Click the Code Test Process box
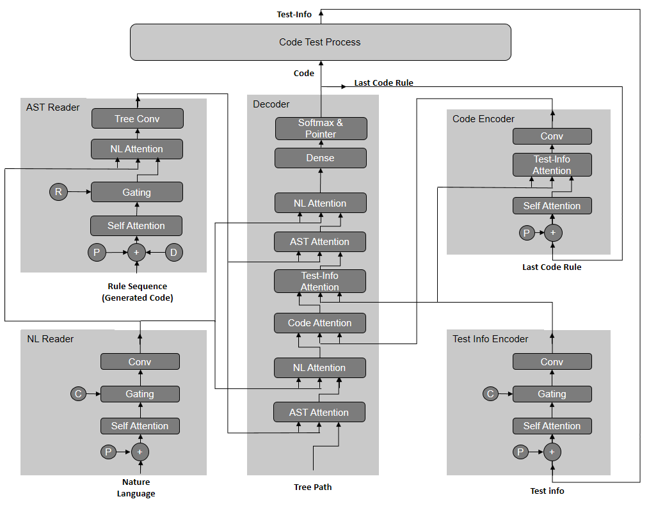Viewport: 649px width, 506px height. point(320,42)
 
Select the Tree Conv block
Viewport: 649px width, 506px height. point(137,118)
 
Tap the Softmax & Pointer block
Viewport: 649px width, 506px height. point(321,129)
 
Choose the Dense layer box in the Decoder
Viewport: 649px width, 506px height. point(321,158)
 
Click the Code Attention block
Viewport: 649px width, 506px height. point(320,323)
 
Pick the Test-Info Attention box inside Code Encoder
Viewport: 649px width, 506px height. point(552,165)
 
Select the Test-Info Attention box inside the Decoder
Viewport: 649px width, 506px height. point(320,281)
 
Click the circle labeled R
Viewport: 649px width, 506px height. point(58,191)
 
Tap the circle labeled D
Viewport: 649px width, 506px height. point(174,253)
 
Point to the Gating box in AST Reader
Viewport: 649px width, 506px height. point(137,192)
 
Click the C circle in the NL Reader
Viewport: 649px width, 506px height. point(79,393)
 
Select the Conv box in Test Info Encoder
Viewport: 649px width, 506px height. point(552,362)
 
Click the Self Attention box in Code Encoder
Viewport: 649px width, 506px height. point(552,206)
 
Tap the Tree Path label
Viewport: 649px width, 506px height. point(313,487)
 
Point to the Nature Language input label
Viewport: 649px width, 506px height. point(136,487)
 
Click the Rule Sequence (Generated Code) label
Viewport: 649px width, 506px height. point(138,292)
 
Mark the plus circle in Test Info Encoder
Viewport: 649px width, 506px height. point(552,452)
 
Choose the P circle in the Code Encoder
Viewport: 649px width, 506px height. point(527,233)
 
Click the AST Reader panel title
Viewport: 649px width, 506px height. point(53,107)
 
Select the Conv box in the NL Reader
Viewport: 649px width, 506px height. point(140,362)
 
